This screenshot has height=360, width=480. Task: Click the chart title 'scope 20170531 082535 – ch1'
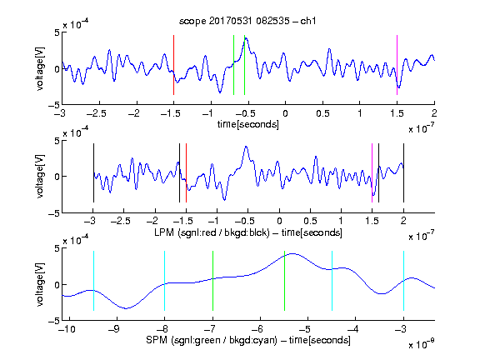click(247, 21)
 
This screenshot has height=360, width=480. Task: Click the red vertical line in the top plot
click(173, 65)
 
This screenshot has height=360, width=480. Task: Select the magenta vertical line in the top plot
click(397, 65)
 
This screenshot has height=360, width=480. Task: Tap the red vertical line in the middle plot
click(186, 172)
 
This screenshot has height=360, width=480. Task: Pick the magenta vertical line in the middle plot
click(372, 172)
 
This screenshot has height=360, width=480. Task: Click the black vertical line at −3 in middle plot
click(93, 172)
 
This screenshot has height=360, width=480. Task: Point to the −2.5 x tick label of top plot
click(96, 114)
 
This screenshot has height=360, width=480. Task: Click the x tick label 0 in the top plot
click(285, 114)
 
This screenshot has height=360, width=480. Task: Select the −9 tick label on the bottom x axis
click(114, 329)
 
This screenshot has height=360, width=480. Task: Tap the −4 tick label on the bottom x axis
click(353, 329)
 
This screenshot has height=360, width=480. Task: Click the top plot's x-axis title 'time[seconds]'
click(248, 124)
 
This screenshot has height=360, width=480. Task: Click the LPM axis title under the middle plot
click(248, 232)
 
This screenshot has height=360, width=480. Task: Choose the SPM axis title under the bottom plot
click(248, 340)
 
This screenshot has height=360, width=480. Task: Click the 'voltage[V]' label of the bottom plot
click(40, 284)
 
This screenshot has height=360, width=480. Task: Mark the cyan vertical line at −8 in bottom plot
click(164, 281)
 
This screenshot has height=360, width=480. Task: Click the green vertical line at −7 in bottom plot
click(212, 281)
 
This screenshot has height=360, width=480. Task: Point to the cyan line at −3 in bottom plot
click(403, 281)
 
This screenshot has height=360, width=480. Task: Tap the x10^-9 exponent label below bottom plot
click(422, 344)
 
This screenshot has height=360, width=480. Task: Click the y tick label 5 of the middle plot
click(57, 141)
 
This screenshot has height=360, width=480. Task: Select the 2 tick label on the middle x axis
click(403, 221)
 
